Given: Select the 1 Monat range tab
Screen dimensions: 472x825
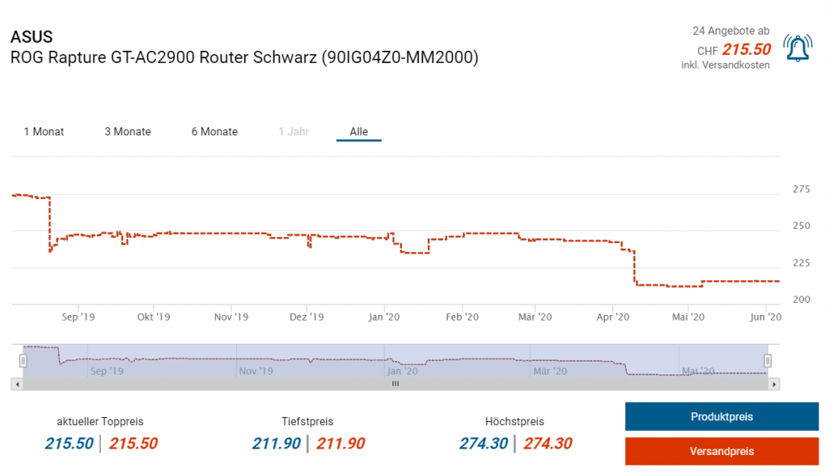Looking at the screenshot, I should [44, 131].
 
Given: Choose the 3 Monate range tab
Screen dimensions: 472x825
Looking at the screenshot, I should [127, 131].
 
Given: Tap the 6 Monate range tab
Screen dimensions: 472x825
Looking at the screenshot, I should [214, 131].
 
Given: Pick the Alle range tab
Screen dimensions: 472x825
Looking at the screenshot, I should [359, 131].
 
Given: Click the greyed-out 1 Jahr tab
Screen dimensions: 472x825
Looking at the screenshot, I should [293, 131].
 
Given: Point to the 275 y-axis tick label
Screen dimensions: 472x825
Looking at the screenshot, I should [802, 189].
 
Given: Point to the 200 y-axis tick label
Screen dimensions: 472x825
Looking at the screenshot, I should [802, 299].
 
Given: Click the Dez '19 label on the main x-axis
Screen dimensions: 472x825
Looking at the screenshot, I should [306, 317].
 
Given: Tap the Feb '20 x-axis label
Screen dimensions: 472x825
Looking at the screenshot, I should [462, 317].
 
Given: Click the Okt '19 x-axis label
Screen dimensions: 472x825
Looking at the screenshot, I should [153, 317].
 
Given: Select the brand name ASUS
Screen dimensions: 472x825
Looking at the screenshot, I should [31, 37].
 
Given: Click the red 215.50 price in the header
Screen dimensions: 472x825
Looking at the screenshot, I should [746, 49].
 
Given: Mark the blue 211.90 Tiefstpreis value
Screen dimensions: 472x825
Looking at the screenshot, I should [276, 443].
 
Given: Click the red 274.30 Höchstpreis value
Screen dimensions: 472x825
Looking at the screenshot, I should [548, 443].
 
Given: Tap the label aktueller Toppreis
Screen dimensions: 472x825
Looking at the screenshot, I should [101, 421].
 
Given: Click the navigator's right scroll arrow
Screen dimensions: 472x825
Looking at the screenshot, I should [774, 384].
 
